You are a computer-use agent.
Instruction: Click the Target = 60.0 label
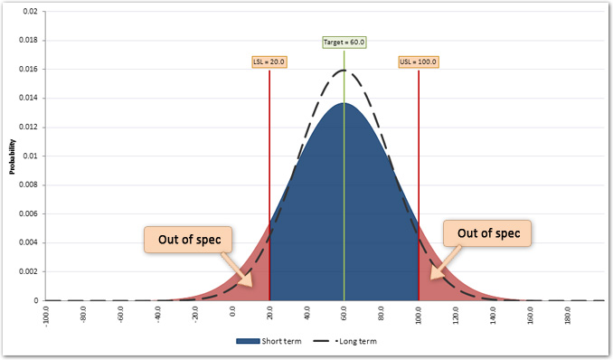click(344, 43)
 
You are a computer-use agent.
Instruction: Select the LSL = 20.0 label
click(269, 62)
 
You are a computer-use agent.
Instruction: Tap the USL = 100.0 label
click(419, 62)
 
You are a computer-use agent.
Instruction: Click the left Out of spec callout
click(188, 241)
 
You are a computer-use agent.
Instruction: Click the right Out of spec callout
click(488, 233)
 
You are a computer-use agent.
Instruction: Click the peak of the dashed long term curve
click(344, 71)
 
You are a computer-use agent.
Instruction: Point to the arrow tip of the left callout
click(256, 285)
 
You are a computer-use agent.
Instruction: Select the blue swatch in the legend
click(247, 342)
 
